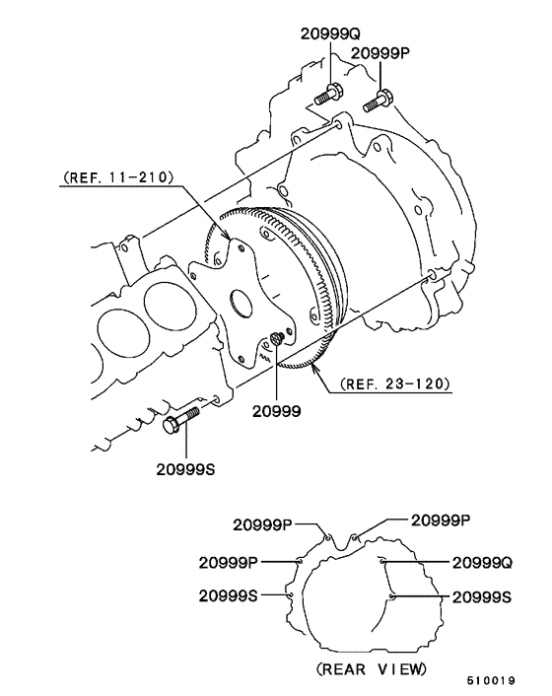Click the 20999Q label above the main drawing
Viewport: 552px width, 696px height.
329,34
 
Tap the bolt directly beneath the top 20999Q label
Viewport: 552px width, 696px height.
327,96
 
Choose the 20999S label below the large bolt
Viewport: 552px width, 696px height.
184,469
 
